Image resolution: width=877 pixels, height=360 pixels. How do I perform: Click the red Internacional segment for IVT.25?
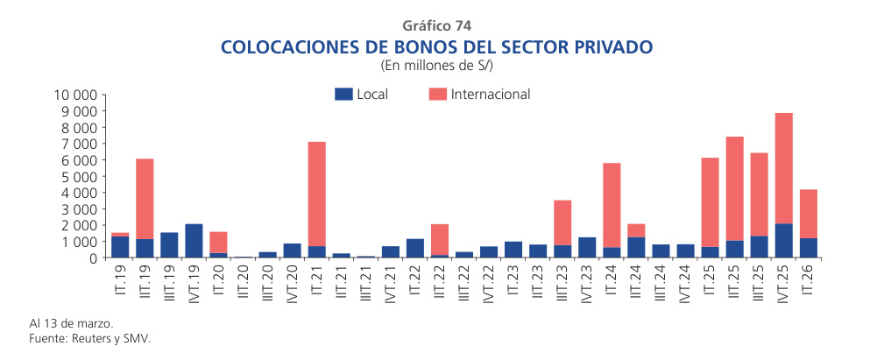784,168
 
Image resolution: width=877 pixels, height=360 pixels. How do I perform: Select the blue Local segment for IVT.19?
194,241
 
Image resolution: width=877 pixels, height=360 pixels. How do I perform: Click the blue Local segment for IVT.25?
784,241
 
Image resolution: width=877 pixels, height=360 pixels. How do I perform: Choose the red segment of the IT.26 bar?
809,214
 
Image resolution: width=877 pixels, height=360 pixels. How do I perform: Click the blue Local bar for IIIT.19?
170,245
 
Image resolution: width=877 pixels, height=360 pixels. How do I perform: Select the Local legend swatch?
343,95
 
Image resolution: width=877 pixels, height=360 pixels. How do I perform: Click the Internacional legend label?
491,95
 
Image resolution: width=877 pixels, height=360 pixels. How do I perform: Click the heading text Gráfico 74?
438,25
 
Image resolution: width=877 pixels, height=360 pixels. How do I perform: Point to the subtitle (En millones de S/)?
438,65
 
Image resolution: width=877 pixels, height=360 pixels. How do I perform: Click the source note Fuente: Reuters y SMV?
84,337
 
